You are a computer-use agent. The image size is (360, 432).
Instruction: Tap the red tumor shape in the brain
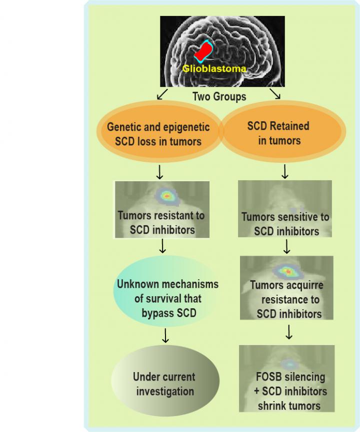(204, 52)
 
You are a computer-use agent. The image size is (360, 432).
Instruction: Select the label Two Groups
(219, 96)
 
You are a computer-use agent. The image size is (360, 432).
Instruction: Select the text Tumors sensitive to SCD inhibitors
(285, 224)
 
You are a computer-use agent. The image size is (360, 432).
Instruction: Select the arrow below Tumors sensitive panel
(286, 247)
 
